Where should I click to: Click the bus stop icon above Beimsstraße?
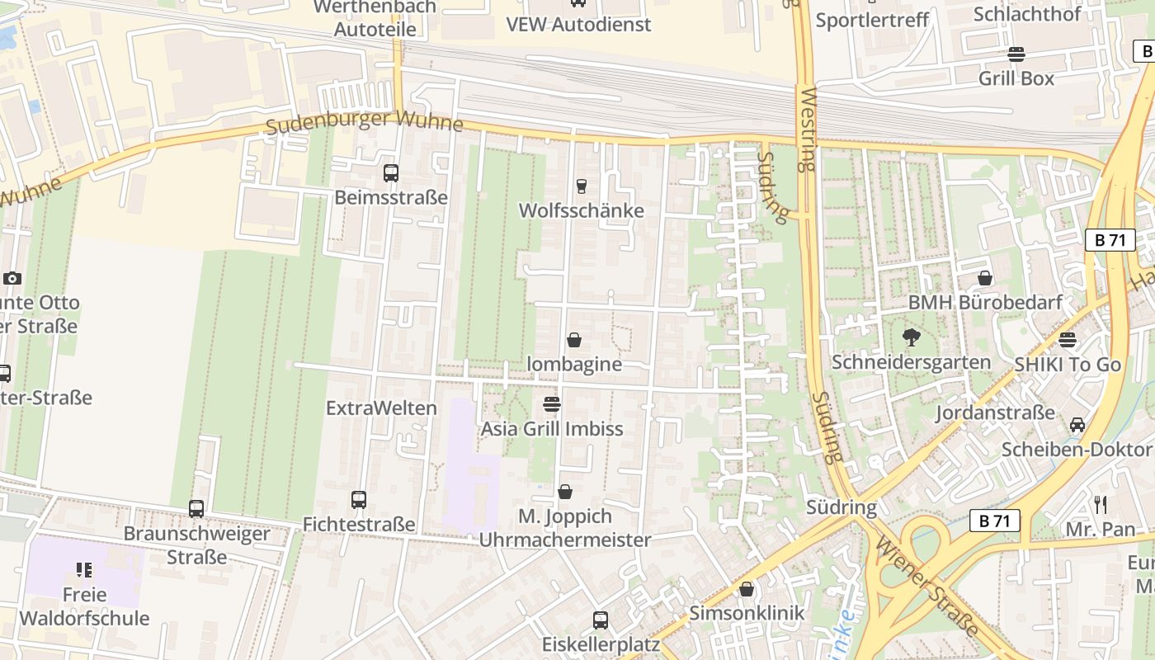pos(391,173)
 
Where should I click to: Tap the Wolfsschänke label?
pos(581,210)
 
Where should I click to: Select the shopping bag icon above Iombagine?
pos(574,340)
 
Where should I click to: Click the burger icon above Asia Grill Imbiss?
pos(552,404)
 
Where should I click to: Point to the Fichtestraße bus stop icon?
pos(358,500)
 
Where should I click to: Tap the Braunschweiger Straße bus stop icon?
pos(196,509)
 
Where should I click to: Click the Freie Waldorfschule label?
pos(84,606)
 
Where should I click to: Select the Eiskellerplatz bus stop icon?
pos(601,620)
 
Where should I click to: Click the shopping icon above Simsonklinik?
pos(747,589)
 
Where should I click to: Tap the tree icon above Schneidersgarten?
pos(911,337)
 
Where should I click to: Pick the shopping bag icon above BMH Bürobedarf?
pos(984,278)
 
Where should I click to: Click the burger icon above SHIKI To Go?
pos(1068,340)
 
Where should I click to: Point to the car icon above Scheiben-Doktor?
pos(1077,425)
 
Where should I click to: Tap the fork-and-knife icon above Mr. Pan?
pos(1100,504)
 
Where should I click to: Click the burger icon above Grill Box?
pos(1016,54)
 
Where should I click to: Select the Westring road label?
pos(807,129)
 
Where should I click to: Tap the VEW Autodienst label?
pos(578,24)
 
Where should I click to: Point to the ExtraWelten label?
pos(381,408)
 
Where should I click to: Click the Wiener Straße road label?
pos(927,586)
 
